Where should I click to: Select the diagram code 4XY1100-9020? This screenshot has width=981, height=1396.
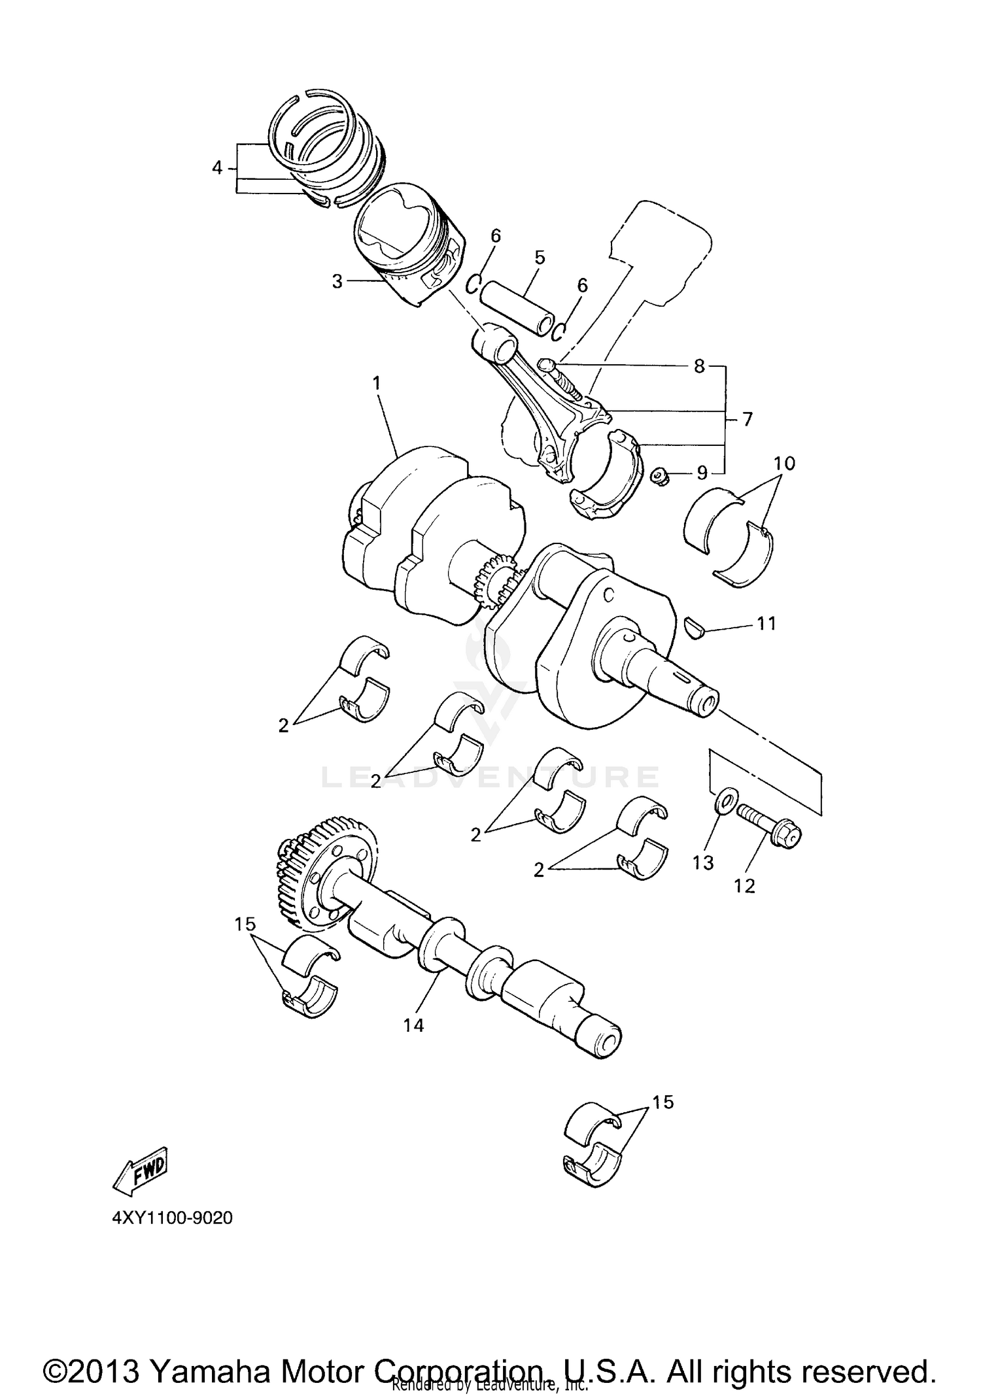(173, 1219)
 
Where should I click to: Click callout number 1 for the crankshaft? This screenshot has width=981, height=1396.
(377, 383)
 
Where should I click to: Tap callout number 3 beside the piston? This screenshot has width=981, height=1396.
(337, 282)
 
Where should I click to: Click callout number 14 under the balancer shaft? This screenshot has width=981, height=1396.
(413, 1025)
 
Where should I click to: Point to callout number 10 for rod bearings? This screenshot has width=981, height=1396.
(784, 464)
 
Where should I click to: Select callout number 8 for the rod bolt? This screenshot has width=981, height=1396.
(699, 366)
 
